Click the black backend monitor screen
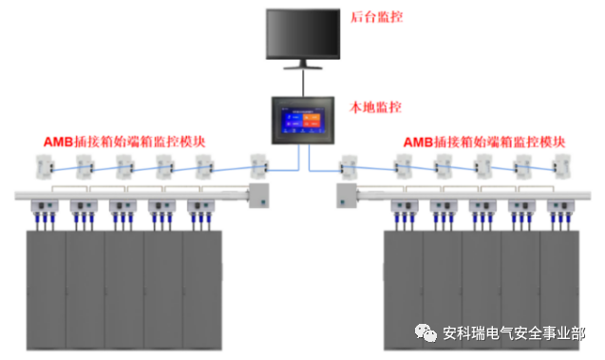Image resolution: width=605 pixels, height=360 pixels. [x=302, y=35]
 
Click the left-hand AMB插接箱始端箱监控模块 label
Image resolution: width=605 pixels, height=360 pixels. [x=124, y=142]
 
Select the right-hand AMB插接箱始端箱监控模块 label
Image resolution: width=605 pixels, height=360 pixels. [x=485, y=142]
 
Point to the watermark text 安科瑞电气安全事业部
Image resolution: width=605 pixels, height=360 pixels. [x=513, y=333]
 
